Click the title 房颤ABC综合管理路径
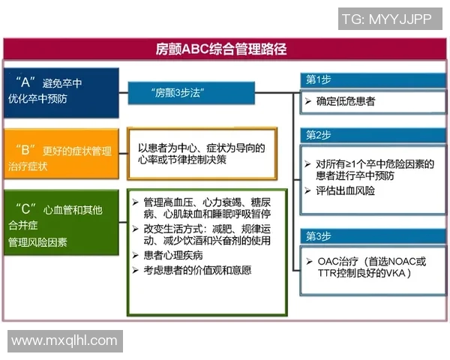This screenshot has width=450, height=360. (x=226, y=50)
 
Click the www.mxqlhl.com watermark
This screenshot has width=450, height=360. (x=64, y=341)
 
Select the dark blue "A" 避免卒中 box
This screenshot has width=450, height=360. (x=61, y=93)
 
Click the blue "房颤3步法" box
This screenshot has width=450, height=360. (x=180, y=93)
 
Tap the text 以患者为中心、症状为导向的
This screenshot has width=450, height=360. (x=202, y=148)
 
